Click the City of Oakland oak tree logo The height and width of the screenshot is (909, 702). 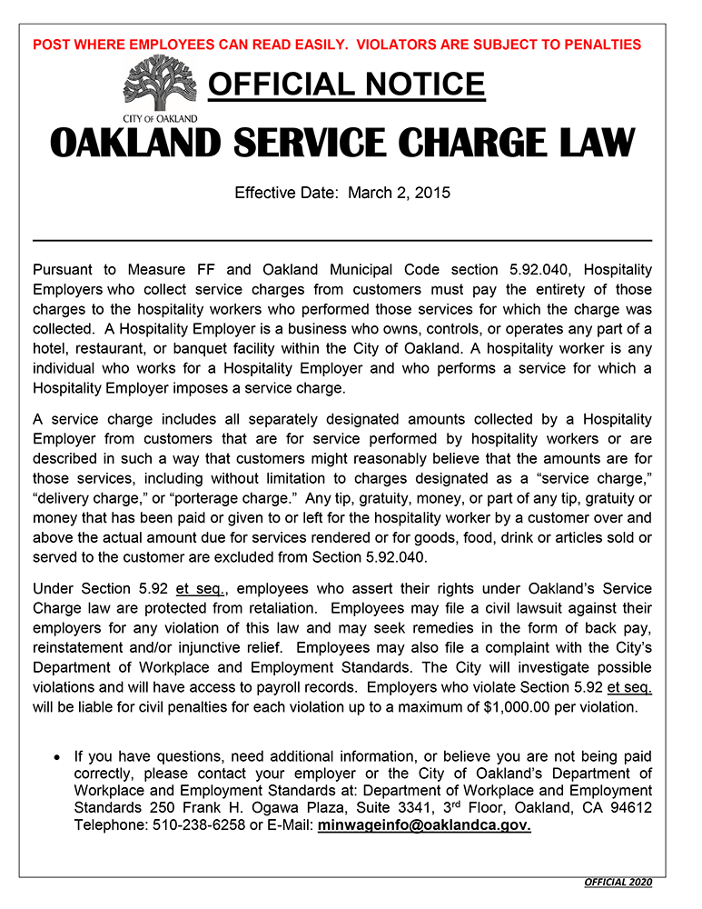pos(160,84)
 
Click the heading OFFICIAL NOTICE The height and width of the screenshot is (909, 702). pos(346,85)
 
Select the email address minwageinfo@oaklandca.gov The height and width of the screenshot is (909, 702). pos(424,825)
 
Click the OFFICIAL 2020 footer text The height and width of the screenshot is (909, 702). pos(618,883)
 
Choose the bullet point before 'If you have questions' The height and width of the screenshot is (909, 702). pos(57,756)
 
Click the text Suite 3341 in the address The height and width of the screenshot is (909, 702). pos(371,808)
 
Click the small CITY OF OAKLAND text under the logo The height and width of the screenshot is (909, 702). pos(160,118)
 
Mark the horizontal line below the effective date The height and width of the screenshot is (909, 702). pos(342,240)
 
